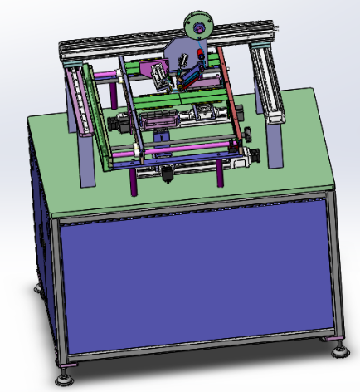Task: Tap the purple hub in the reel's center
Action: [x=198, y=27]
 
